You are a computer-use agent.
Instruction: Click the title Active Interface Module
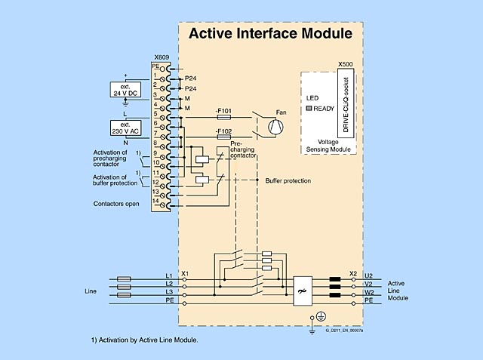coord(269,34)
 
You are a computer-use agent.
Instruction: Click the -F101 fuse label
coord(223,111)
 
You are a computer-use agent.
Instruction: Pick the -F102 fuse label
coord(223,131)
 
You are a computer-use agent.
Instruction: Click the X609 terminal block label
coord(162,57)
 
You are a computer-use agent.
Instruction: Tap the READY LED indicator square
coord(309,109)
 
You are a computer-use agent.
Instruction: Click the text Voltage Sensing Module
coord(328,145)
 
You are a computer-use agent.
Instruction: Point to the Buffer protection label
coord(288,181)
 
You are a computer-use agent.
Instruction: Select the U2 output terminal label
coord(369,275)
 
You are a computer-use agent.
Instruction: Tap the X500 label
coord(345,65)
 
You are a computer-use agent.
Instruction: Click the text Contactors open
coord(116,204)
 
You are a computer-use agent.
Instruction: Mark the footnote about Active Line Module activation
coord(144,340)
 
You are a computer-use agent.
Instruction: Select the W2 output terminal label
coord(369,292)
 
